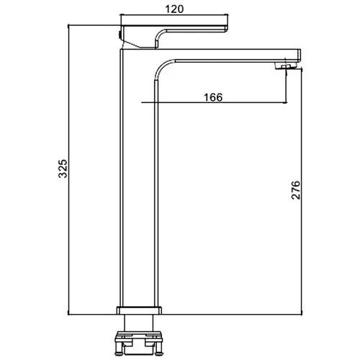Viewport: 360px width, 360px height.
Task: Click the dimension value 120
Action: pyautogui.click(x=174, y=9)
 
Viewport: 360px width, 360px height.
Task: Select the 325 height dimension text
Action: pyautogui.click(x=63, y=168)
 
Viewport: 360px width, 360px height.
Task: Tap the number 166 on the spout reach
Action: pyautogui.click(x=213, y=97)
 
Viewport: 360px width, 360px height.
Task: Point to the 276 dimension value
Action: pyautogui.click(x=296, y=190)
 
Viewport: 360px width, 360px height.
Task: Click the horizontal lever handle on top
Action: pyautogui.click(x=175, y=27)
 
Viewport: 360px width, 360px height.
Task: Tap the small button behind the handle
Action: pyautogui.click(x=120, y=35)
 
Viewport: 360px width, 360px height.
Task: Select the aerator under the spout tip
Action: pyautogui.click(x=286, y=66)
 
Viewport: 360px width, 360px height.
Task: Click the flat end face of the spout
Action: pyautogui.click(x=300, y=55)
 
